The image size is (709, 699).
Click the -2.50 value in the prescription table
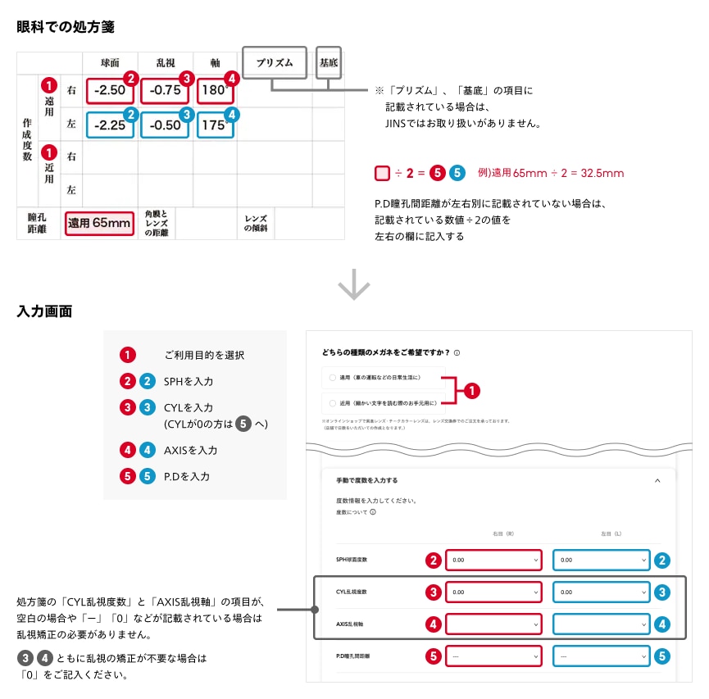[x=110, y=90]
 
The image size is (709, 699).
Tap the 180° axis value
[x=215, y=90]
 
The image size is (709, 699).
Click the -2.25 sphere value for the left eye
[x=110, y=125]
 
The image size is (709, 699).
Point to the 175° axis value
[x=215, y=125]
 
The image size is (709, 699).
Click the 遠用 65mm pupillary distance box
[x=98, y=222]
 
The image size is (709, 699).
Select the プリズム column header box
[x=275, y=62]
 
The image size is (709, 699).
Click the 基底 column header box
[x=329, y=62]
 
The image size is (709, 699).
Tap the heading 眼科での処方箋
[x=66, y=26]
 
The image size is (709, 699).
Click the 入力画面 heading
[x=44, y=311]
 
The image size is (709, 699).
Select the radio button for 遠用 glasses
[x=332, y=378]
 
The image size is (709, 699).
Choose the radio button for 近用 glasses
[x=332, y=403]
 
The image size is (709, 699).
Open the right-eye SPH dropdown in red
[x=493, y=560]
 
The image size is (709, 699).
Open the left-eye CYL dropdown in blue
[x=601, y=592]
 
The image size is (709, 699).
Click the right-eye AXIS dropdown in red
[x=493, y=624]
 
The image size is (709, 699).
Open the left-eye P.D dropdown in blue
[x=601, y=656]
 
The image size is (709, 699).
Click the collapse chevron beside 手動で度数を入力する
[x=657, y=480]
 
